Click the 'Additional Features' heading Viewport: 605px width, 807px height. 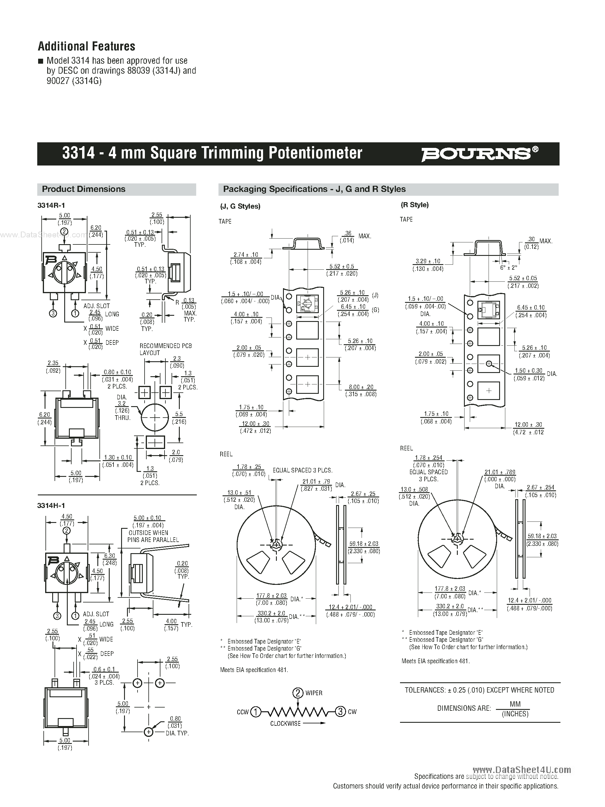pyautogui.click(x=87, y=46)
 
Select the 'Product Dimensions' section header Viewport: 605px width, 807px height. pyautogui.click(x=84, y=189)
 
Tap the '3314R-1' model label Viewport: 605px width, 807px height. pyautogui.click(x=51, y=205)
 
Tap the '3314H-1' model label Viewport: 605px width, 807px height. pyautogui.click(x=51, y=505)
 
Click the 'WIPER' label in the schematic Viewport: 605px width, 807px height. pyautogui.click(x=313, y=693)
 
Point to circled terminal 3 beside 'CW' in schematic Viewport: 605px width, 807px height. pyautogui.click(x=340, y=711)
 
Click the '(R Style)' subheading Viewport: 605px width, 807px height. pyautogui.click(x=415, y=205)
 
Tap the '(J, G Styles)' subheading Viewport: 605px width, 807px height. pyautogui.click(x=240, y=206)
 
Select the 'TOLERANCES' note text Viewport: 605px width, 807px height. pyautogui.click(x=479, y=690)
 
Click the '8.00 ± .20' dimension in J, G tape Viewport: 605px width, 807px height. pyautogui.click(x=361, y=387)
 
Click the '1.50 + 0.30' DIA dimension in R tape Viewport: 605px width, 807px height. pyautogui.click(x=528, y=371)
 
